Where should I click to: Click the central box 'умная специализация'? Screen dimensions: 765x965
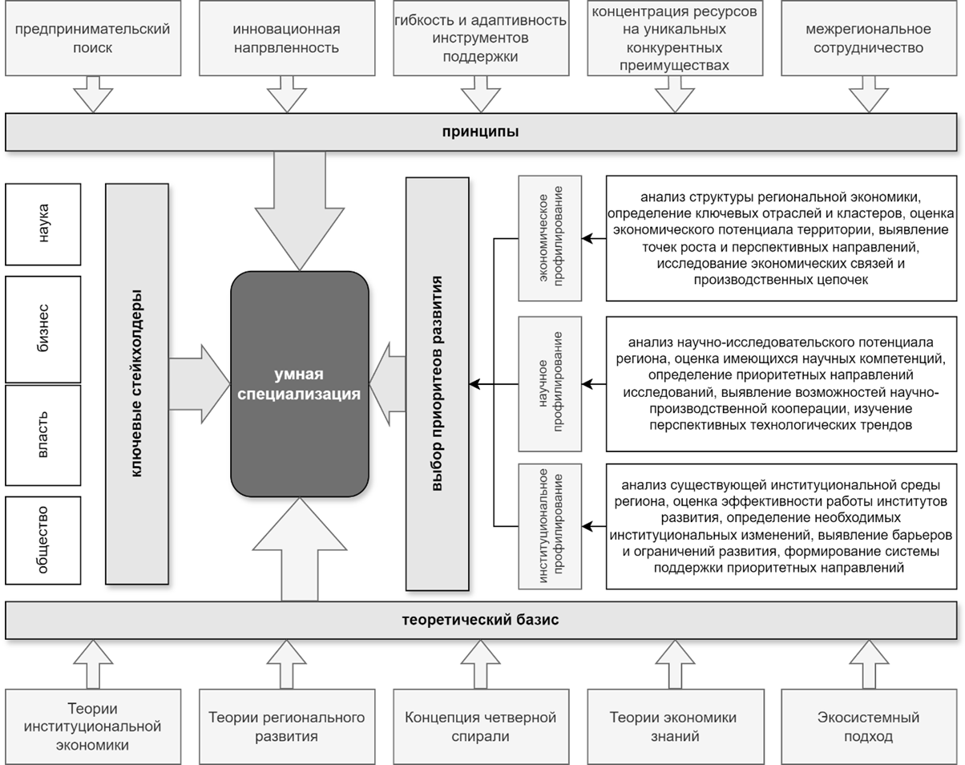pyautogui.click(x=300, y=385)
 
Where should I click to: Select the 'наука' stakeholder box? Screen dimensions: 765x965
pyautogui.click(x=43, y=224)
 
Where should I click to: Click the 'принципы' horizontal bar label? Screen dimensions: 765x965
pyautogui.click(x=482, y=132)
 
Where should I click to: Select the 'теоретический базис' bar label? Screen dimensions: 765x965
pyautogui.click(x=482, y=620)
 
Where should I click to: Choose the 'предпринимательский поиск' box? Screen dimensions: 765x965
pyautogui.click(x=91, y=38)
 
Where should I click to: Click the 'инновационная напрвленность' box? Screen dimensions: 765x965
pyautogui.click(x=286, y=38)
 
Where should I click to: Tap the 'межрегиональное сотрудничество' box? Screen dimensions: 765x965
pyautogui.click(x=868, y=38)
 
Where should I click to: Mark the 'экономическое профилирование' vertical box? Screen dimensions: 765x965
pyautogui.click(x=550, y=238)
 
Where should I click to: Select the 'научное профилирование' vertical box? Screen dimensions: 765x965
pyautogui.click(x=550, y=383)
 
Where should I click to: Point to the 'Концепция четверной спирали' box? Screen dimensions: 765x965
pyautogui.click(x=481, y=726)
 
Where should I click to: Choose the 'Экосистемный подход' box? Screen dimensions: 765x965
pyautogui.click(x=868, y=726)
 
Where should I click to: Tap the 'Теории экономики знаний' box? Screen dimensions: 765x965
pyautogui.click(x=673, y=726)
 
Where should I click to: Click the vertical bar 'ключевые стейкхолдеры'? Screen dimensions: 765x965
pyautogui.click(x=136, y=383)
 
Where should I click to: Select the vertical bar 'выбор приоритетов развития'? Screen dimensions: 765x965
pyautogui.click(x=437, y=383)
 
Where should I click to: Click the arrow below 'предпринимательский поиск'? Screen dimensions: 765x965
pyautogui.click(x=93, y=95)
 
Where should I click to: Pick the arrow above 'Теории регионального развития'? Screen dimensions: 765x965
pyautogui.click(x=286, y=662)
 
